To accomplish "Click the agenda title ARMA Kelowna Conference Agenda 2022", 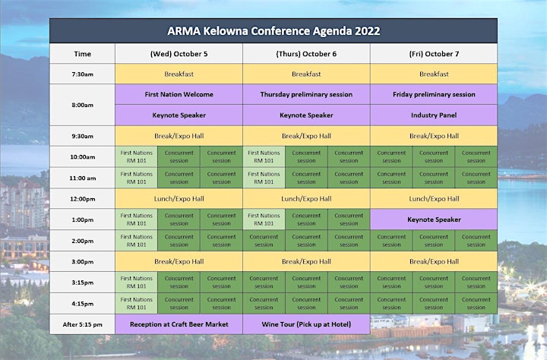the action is click(x=273, y=31).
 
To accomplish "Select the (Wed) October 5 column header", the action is click(x=179, y=54).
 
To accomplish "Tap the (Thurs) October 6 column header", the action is click(x=306, y=54).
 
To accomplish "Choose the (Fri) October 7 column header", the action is click(x=434, y=54).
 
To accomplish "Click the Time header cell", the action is click(x=82, y=54).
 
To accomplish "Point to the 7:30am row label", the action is click(x=82, y=74).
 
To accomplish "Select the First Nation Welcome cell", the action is click(x=179, y=94).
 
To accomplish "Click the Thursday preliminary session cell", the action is click(x=306, y=94).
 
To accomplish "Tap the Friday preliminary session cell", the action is click(x=434, y=94).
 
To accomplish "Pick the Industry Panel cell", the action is click(x=434, y=115).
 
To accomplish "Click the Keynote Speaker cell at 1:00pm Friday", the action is click(x=434, y=219).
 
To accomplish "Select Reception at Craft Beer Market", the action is click(x=179, y=324).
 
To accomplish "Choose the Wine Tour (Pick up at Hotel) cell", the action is click(x=306, y=324).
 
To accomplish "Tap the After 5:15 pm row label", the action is click(x=82, y=324).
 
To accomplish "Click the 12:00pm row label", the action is click(x=82, y=199).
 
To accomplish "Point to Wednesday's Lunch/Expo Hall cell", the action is click(x=179, y=199).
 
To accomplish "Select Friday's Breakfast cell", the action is click(x=434, y=74).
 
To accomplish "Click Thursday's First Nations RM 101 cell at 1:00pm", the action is click(x=264, y=219).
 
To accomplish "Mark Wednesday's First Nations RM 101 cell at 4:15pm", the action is click(x=137, y=304).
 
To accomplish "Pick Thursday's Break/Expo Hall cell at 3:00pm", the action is click(x=306, y=261).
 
